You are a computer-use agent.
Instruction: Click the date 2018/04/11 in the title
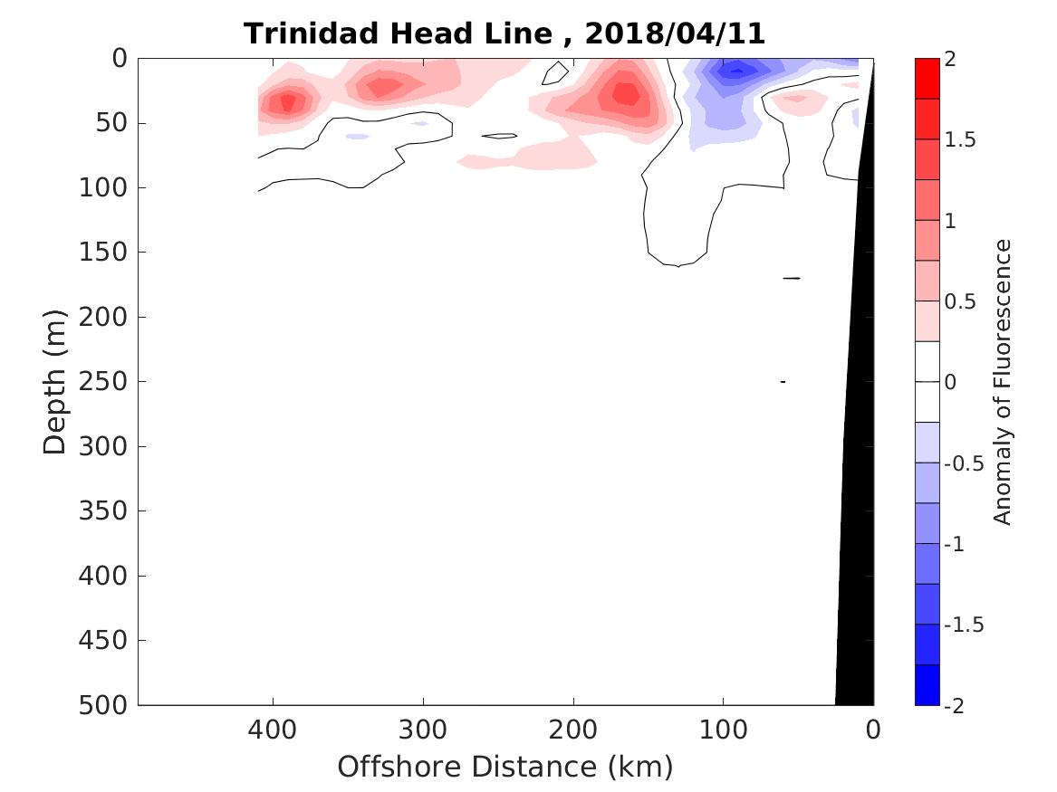[x=676, y=34]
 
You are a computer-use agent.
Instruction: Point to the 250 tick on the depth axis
[x=108, y=382]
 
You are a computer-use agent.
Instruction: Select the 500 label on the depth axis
[x=108, y=705]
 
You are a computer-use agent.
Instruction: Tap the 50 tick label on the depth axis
[x=115, y=123]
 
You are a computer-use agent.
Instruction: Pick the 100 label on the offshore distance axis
[x=723, y=730]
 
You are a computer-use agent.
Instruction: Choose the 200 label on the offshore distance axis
[x=572, y=730]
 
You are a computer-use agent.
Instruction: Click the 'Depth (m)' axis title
[x=54, y=381]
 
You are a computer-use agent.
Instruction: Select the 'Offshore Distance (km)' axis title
[x=505, y=768]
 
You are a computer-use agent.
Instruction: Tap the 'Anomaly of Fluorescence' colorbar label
[x=1001, y=381]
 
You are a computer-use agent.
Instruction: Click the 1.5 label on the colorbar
[x=962, y=140]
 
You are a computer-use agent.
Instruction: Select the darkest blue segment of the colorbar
[x=927, y=684]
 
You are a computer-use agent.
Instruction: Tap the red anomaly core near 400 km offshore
[x=288, y=103]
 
